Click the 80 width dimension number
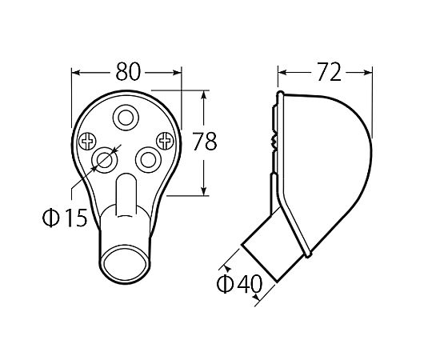click(x=128, y=72)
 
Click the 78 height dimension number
click(x=205, y=142)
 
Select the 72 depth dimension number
click(x=329, y=72)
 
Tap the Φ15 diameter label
click(x=65, y=218)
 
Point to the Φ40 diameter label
click(x=240, y=284)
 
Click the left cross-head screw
click(x=88, y=142)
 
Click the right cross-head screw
click(x=165, y=141)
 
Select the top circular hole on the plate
click(x=126, y=118)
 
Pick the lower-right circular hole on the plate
click(x=148, y=160)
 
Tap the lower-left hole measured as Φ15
click(x=105, y=160)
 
